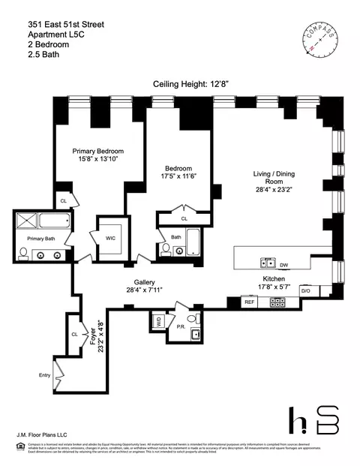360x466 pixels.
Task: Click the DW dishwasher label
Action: click(283, 264)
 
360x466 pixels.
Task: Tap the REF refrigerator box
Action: click(250, 301)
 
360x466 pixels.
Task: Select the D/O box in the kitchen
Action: click(305, 290)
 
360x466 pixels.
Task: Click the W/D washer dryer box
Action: click(158, 320)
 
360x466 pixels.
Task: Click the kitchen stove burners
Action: click(278, 302)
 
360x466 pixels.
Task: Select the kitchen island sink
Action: click(266, 263)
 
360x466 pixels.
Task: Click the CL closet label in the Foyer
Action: click(75, 333)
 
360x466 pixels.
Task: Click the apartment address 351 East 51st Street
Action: click(66, 25)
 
